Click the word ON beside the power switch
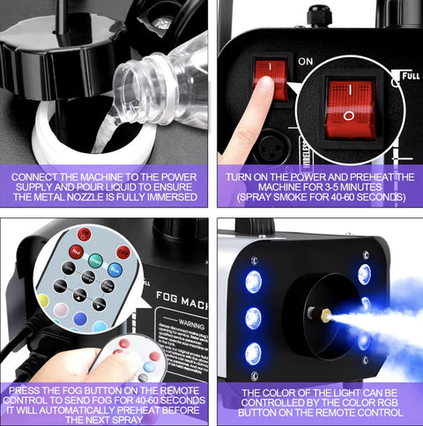coord(306,62)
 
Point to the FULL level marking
coord(410,76)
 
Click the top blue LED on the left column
coord(253,282)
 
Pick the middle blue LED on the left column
coord(253,318)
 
